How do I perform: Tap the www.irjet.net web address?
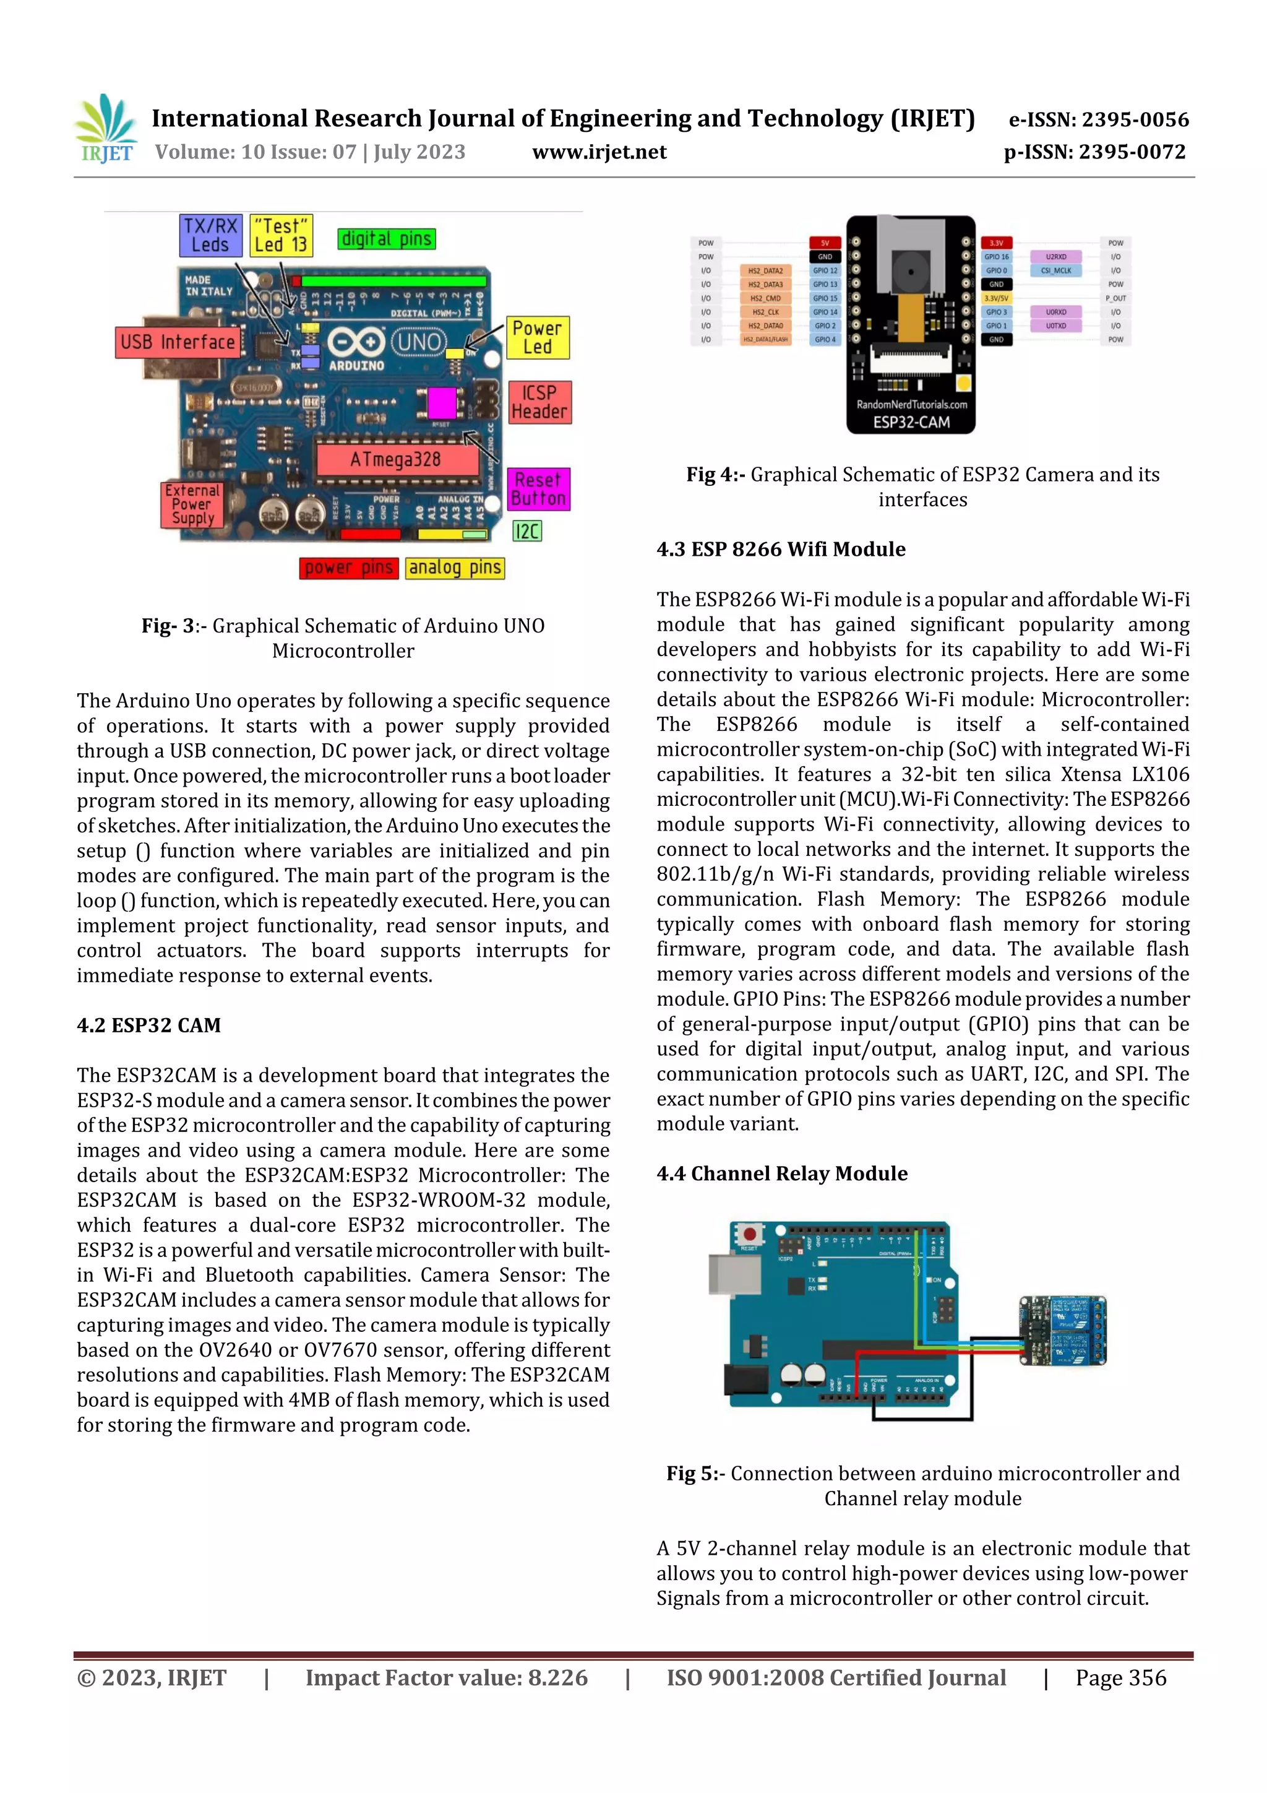click(x=599, y=152)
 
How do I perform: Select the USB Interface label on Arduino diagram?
click(x=177, y=342)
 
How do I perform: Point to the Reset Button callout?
click(x=539, y=489)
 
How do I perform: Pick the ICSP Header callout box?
click(x=539, y=402)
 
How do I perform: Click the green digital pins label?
click(x=387, y=239)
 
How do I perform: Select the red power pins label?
click(x=348, y=568)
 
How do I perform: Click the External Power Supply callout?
click(x=192, y=504)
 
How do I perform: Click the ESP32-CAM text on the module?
click(x=911, y=423)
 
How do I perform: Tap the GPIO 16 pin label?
click(x=996, y=257)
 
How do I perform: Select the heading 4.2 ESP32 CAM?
click(x=148, y=1026)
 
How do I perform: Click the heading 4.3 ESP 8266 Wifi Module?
click(x=781, y=549)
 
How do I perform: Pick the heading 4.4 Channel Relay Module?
click(x=781, y=1173)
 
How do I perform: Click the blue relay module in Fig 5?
click(x=1063, y=1330)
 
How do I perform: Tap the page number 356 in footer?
click(x=1120, y=1679)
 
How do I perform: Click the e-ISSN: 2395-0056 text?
click(x=1098, y=119)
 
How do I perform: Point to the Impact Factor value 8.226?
click(x=447, y=1679)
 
